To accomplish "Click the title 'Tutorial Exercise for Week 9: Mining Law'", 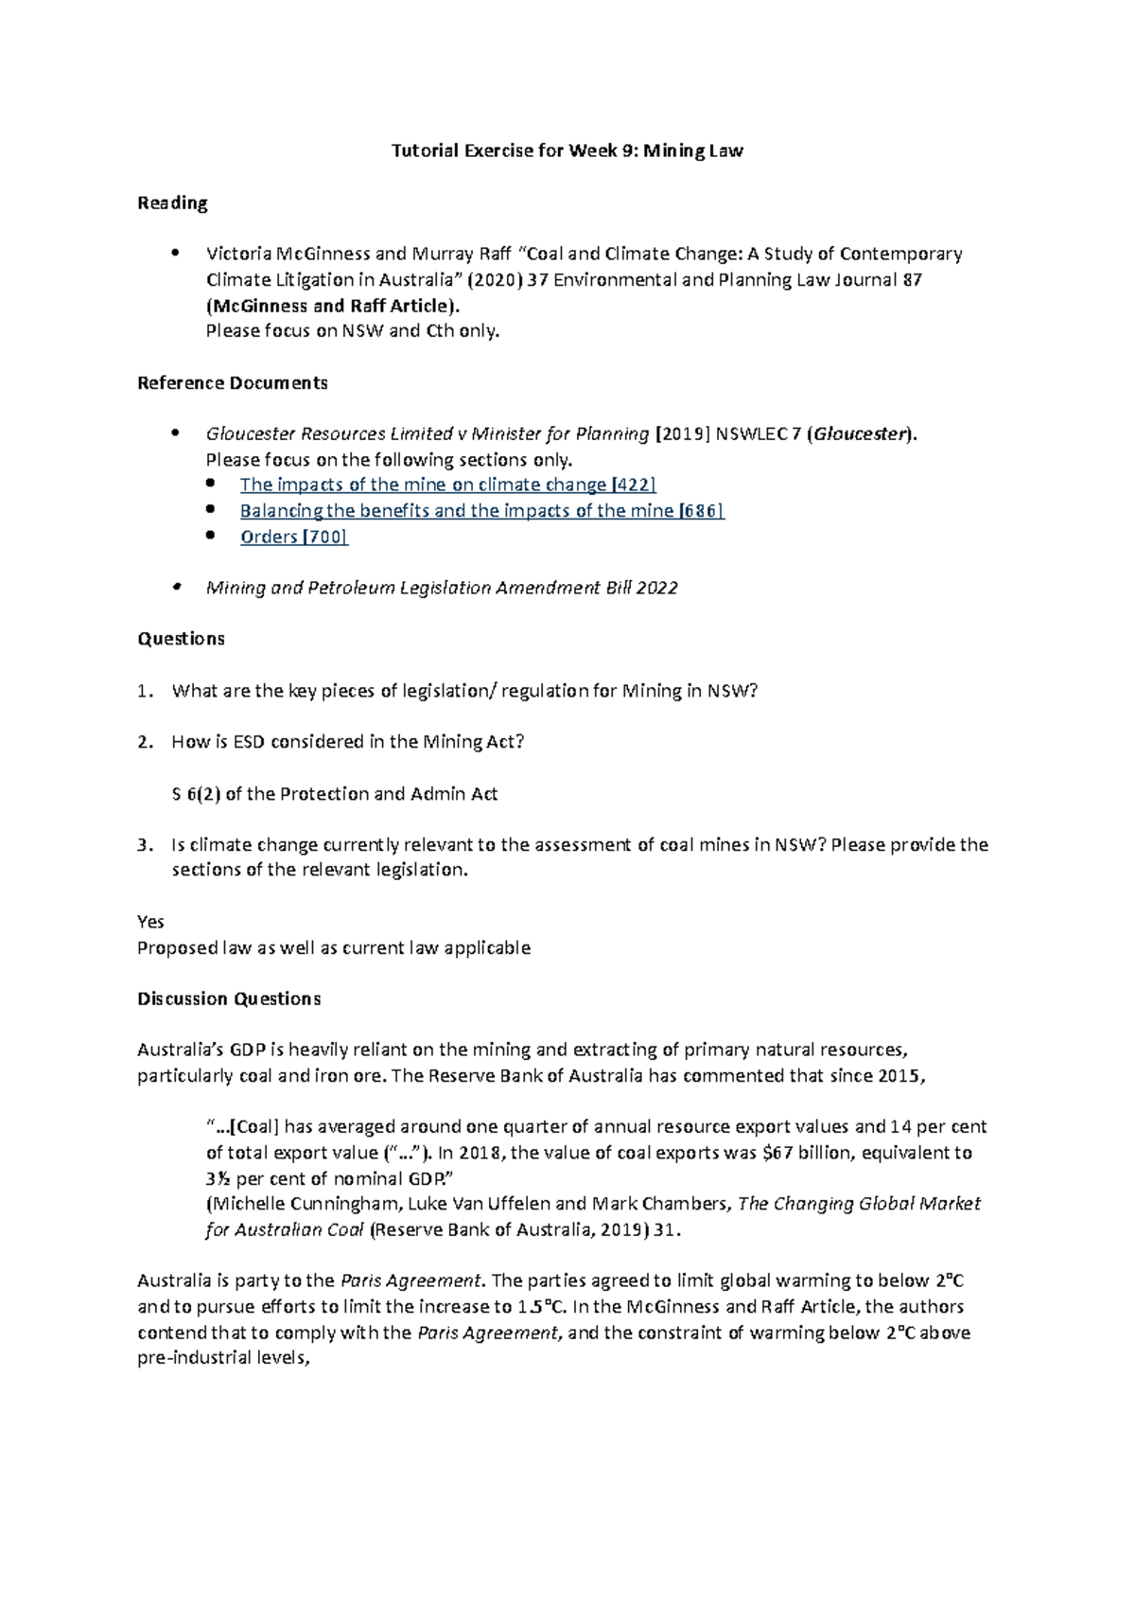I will click(x=567, y=150).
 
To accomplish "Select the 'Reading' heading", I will click(x=172, y=203).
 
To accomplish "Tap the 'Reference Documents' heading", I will click(x=232, y=382).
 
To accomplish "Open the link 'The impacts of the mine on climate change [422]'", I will click(x=447, y=485).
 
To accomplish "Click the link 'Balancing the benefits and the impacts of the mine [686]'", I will click(x=481, y=511).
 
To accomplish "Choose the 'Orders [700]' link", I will click(x=293, y=537).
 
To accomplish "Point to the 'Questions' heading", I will click(x=181, y=639).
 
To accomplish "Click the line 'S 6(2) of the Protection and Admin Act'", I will click(x=334, y=794).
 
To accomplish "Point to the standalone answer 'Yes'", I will click(x=150, y=922).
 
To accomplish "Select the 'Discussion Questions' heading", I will click(x=229, y=998).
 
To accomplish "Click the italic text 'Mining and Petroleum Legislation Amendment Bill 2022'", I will click(x=442, y=588).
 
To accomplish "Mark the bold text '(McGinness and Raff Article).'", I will click(x=334, y=306).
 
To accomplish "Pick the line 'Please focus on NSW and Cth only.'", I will click(x=352, y=331).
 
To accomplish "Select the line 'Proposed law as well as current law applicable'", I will click(x=334, y=947).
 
